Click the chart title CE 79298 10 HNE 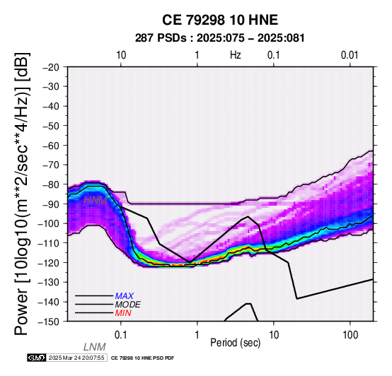tap(220, 20)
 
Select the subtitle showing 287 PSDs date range tap(220, 38)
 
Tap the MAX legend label tap(125, 296)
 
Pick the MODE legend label tap(128, 305)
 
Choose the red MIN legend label tap(123, 313)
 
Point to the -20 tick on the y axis tap(52, 67)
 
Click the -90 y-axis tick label tap(52, 204)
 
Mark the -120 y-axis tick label tap(49, 263)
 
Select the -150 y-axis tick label tap(49, 322)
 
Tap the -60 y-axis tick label tap(52, 146)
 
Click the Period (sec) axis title tap(235, 343)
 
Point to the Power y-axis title tap(22, 194)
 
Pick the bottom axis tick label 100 tap(350, 335)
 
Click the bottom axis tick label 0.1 tap(121, 335)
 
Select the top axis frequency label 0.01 tap(350, 55)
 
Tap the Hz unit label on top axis tap(235, 55)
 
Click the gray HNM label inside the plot tap(96, 200)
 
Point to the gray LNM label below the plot tap(95, 347)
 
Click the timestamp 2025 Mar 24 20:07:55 tap(76, 358)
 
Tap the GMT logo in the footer tap(37, 358)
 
